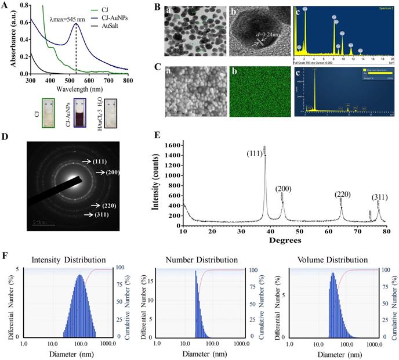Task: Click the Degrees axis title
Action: [x=285, y=239]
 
